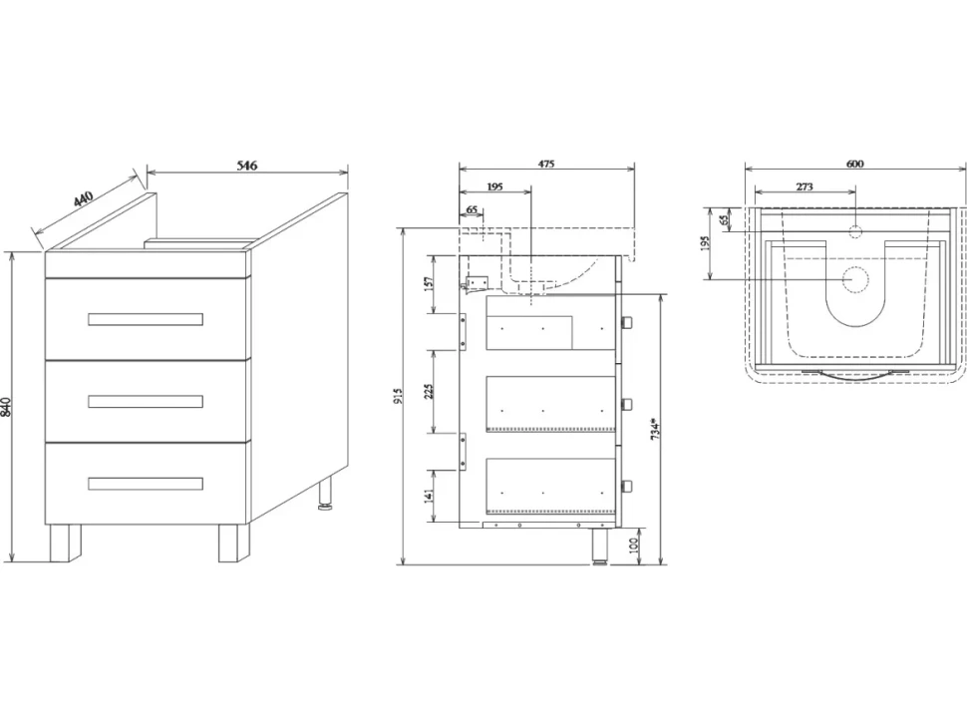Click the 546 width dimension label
pos(246,165)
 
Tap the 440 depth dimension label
pos(84,199)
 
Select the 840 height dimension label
pos(6,407)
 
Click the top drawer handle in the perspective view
pos(146,319)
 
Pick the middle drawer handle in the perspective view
pos(146,402)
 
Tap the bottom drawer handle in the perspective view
pos(146,484)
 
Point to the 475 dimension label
pos(546,164)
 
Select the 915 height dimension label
pos(398,396)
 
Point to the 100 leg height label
pos(633,545)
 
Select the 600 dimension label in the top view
pos(854,164)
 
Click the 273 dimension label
pos(805,186)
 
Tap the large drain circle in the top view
pos(855,279)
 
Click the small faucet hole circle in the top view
pos(855,232)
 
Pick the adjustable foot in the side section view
pos(599,545)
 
